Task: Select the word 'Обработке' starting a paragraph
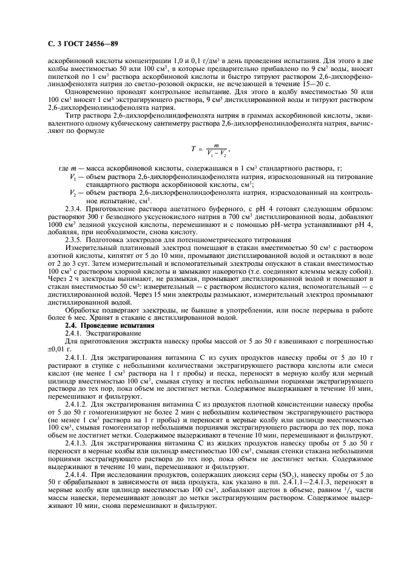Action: point(83,309)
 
